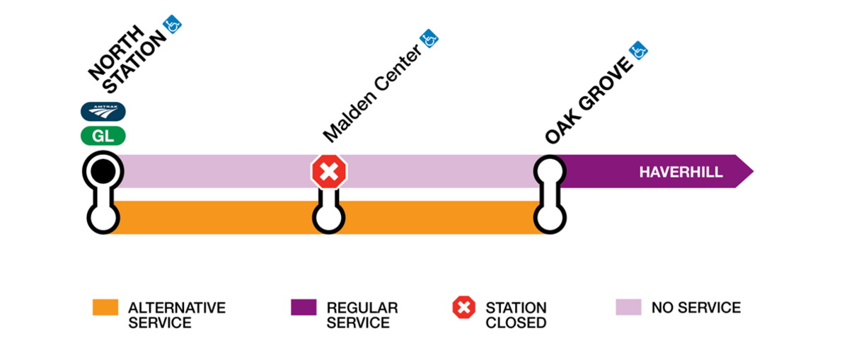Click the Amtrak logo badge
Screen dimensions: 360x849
[103, 111]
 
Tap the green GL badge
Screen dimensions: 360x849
[103, 135]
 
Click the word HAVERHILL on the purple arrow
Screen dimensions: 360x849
[681, 172]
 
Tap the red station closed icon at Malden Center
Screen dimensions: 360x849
[330, 171]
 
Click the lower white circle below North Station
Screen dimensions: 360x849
[103, 217]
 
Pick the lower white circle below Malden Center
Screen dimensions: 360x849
[330, 217]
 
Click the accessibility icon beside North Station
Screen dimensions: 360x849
[173, 25]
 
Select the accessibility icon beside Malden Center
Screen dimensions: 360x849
[429, 38]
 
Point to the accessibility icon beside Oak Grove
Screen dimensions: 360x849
[639, 50]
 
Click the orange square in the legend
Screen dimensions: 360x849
[105, 307]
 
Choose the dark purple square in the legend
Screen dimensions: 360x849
[304, 307]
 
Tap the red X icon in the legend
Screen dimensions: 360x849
[464, 308]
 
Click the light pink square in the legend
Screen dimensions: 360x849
[628, 307]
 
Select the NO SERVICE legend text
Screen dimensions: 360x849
[695, 308]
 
